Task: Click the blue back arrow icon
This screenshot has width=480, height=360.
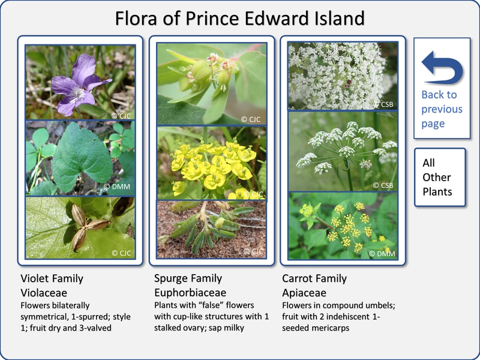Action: click(443, 68)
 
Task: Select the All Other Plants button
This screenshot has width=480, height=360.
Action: click(440, 177)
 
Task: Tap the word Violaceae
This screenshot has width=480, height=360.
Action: click(44, 293)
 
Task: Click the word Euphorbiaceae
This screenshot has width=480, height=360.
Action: click(190, 293)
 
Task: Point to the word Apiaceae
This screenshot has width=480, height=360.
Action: click(304, 293)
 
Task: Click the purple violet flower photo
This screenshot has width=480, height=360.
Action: click(80, 82)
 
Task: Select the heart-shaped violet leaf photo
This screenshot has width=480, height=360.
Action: click(80, 158)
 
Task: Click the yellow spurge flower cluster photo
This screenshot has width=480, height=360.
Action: click(212, 163)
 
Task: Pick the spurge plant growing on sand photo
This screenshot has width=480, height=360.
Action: click(212, 230)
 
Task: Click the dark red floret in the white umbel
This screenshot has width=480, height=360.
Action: click(348, 83)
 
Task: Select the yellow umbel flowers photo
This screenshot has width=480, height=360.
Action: click(343, 226)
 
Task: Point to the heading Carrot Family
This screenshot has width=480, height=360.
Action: click(314, 278)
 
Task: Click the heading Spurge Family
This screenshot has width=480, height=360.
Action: click(188, 278)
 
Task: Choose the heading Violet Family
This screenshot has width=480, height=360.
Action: click(52, 278)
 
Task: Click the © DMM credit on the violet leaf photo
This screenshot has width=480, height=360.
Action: click(117, 187)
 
